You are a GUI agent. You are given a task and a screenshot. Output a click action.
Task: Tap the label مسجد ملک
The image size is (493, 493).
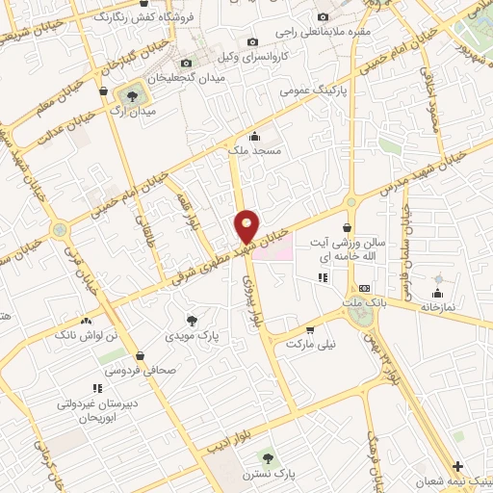coord(254,151)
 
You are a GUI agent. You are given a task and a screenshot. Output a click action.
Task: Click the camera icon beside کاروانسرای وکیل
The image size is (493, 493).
coord(253,42)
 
